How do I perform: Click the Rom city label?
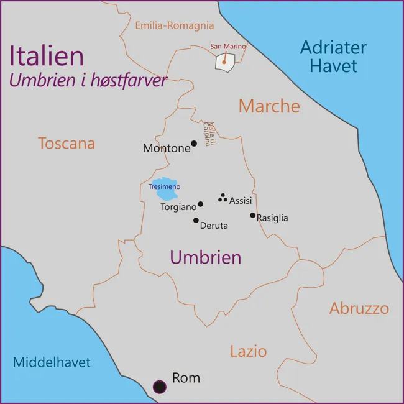point(186,377)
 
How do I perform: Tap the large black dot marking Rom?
point(160,387)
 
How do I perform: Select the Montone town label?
point(167,148)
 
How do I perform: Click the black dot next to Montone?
point(194,144)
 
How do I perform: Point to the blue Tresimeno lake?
point(165,188)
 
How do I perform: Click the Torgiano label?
point(178,207)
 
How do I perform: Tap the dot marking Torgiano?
point(200,204)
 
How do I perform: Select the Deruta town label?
point(214,226)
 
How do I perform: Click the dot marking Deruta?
point(196,220)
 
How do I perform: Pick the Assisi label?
point(241,201)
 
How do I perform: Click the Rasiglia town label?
point(272,218)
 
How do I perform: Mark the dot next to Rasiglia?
point(252,216)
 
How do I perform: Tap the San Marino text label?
point(228,46)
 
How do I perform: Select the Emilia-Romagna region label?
point(175,25)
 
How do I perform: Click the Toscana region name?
point(67,144)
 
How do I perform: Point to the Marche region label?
point(269,106)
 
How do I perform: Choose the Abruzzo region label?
point(359,308)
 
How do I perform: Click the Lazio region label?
point(249,351)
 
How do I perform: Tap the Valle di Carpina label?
point(209,134)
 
